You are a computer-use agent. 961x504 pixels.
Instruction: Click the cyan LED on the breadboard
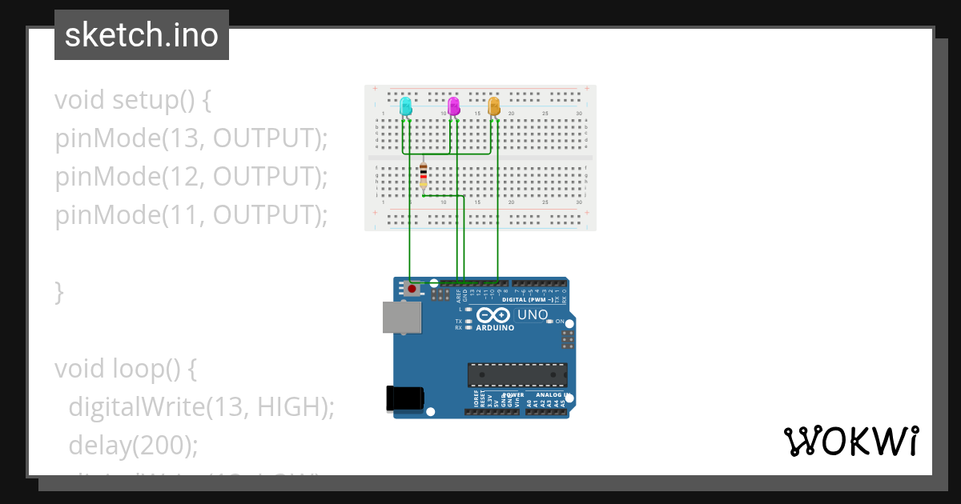click(406, 106)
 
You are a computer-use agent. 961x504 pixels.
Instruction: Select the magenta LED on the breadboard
click(454, 106)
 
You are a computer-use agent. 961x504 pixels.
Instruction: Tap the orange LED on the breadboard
click(494, 106)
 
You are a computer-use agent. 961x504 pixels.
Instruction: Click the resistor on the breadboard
click(424, 175)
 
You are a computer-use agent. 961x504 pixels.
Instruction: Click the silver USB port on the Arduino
click(400, 317)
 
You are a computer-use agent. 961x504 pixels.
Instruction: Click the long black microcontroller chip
click(517, 374)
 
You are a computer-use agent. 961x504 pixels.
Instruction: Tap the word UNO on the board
click(533, 314)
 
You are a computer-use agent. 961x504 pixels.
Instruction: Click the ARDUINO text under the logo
click(495, 328)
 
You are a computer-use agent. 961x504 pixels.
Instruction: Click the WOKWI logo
click(850, 441)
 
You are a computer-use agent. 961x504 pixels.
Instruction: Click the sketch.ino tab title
click(142, 35)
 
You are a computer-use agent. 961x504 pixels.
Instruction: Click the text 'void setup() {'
click(133, 101)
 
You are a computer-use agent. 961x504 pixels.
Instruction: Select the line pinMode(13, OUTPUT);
click(192, 138)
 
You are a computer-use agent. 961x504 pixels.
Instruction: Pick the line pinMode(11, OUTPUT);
click(192, 215)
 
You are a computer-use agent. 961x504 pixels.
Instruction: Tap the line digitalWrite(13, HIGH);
click(200, 406)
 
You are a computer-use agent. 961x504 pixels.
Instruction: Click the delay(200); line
click(133, 445)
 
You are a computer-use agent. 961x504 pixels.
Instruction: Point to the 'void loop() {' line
click(126, 369)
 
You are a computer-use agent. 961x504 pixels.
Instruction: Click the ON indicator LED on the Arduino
click(549, 321)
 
